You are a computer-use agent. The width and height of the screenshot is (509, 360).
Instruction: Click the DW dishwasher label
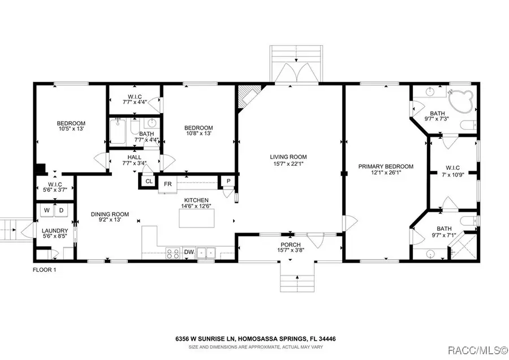189,252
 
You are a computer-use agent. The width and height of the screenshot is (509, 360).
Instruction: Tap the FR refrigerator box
167,184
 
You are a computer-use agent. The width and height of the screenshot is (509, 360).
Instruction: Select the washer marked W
47,211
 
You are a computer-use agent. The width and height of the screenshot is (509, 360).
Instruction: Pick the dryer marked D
61,211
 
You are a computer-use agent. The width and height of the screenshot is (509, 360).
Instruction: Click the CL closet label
149,181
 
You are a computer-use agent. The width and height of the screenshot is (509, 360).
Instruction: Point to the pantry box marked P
228,181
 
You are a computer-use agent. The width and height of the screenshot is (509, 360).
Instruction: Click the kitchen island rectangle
197,218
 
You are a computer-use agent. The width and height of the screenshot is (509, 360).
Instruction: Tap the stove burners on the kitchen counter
172,253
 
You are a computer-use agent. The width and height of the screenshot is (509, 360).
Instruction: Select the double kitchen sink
206,253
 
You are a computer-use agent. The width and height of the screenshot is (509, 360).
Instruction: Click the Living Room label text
288,157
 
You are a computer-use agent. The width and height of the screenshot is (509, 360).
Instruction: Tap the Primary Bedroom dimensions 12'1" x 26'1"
386,173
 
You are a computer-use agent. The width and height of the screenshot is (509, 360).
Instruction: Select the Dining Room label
110,214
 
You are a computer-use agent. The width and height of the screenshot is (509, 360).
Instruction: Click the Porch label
291,245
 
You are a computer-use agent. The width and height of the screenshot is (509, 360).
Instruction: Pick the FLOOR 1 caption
45,269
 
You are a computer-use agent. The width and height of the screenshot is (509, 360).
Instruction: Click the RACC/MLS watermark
477,350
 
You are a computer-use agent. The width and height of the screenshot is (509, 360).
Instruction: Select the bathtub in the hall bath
118,131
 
